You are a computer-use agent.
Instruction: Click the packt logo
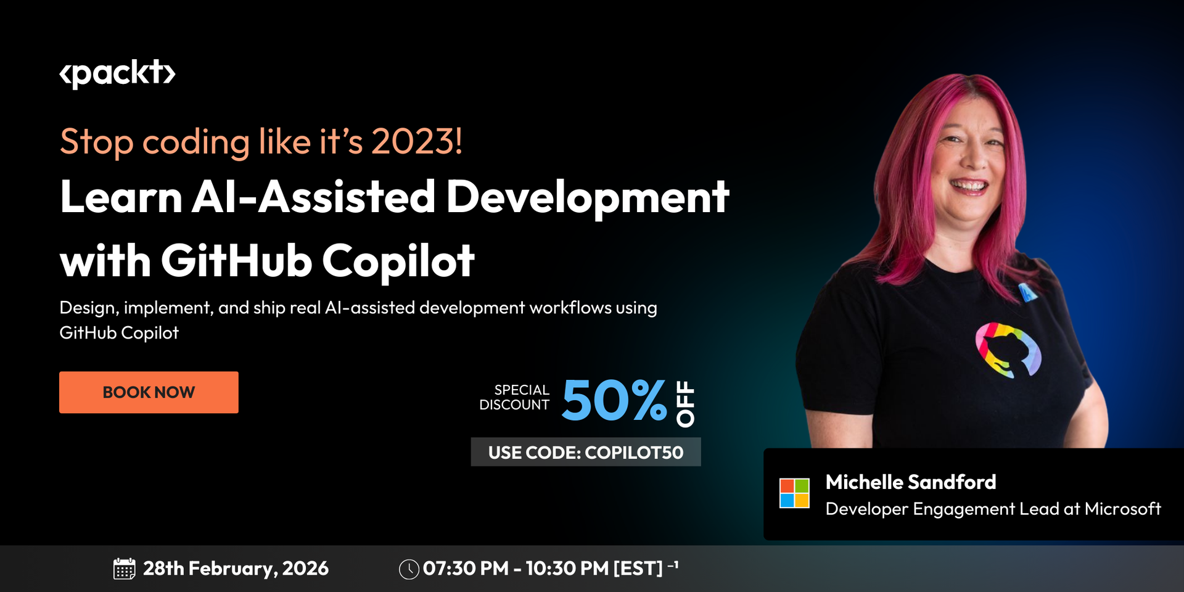click(x=117, y=74)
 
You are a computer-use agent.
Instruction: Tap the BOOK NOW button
click(x=149, y=392)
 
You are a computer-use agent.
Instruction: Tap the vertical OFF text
click(x=685, y=404)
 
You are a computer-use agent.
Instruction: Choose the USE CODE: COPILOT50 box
click(x=586, y=452)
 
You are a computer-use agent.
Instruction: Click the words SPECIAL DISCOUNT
click(x=515, y=398)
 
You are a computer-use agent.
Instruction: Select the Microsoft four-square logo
click(x=794, y=493)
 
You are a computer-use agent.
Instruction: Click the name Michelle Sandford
click(x=910, y=482)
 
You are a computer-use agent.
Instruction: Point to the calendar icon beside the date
click(x=124, y=569)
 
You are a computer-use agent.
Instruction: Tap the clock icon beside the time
click(x=409, y=569)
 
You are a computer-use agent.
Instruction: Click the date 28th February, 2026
click(x=236, y=569)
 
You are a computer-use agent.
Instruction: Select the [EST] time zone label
click(x=638, y=569)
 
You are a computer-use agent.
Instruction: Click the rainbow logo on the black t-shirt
click(x=1008, y=350)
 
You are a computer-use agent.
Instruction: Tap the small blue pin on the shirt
click(x=1027, y=292)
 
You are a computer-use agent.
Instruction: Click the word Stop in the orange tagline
click(x=97, y=142)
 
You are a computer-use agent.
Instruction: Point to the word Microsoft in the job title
click(x=1122, y=509)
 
